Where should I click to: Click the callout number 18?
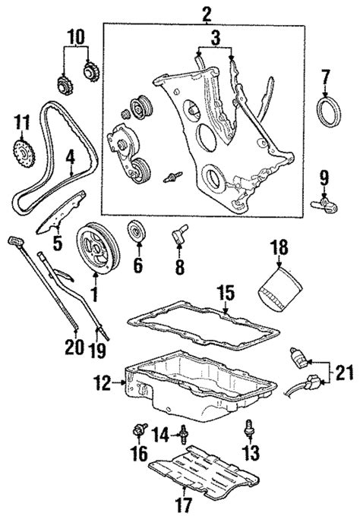click(x=280, y=246)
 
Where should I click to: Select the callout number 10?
click(x=77, y=36)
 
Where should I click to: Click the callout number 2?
click(x=205, y=13)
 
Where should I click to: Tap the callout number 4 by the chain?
click(x=70, y=159)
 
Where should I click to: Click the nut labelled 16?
click(x=137, y=432)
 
